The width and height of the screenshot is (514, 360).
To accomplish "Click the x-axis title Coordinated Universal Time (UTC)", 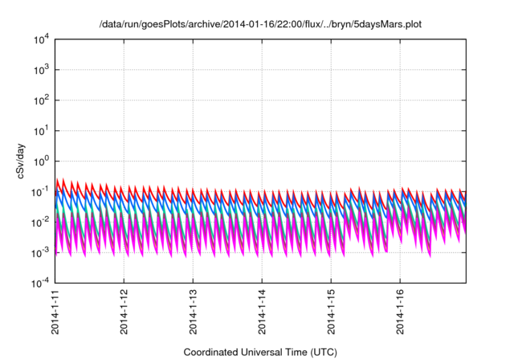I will tap(259, 352).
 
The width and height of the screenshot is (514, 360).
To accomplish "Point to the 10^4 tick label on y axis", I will tap(42, 39).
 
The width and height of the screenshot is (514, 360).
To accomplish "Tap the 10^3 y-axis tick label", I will tap(42, 70).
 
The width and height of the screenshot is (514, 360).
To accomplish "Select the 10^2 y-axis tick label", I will tap(42, 100).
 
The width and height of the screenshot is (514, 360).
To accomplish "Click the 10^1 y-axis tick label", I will tap(42, 131).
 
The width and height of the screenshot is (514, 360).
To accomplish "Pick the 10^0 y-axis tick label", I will tap(42, 162).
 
